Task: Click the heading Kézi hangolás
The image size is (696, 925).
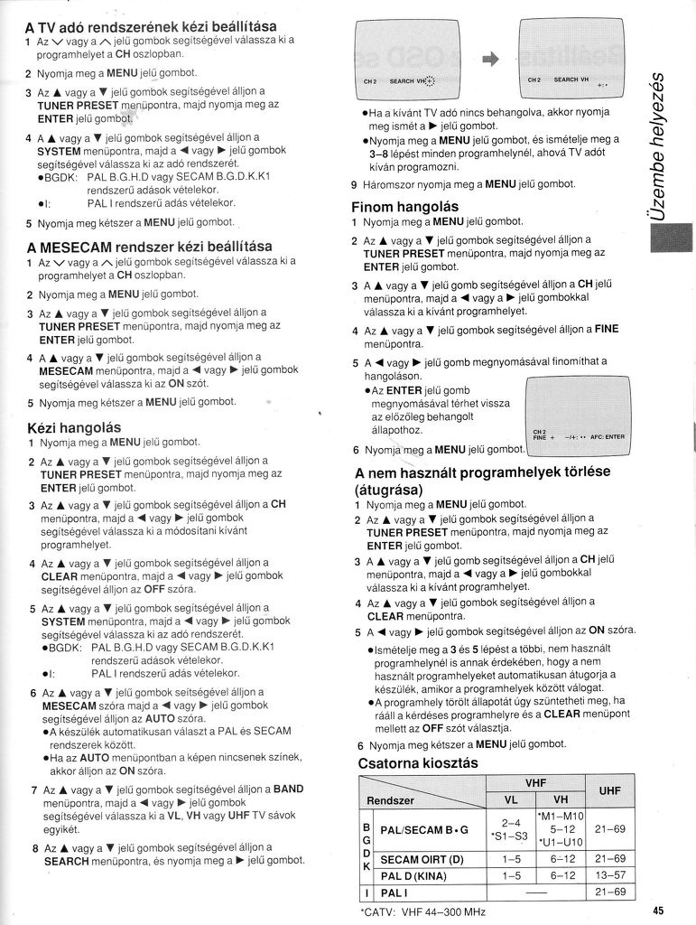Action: click(x=74, y=426)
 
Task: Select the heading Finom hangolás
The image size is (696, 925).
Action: click(x=404, y=207)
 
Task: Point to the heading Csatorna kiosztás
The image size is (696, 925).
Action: click(x=418, y=763)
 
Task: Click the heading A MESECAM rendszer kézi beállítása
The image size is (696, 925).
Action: click(x=149, y=246)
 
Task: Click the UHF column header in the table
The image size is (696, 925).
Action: click(x=609, y=790)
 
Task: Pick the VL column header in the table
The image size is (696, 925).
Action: click(x=511, y=800)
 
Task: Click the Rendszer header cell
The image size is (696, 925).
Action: click(x=391, y=800)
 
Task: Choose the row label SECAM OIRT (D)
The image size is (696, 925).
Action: click(x=424, y=858)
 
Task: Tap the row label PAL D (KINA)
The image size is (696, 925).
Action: click(x=416, y=875)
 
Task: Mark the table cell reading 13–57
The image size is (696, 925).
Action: click(x=610, y=875)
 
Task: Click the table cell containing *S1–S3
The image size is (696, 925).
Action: click(x=511, y=836)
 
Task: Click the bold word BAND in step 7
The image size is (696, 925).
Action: click(x=288, y=789)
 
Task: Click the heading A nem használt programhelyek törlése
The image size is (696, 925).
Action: click(x=483, y=472)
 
